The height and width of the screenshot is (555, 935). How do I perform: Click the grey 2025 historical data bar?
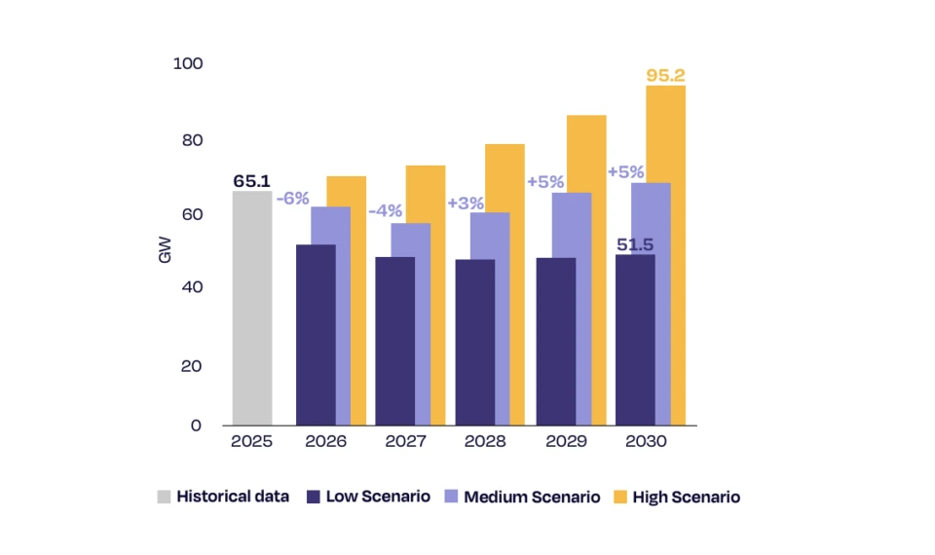[x=251, y=308]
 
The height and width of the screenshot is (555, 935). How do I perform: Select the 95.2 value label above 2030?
[x=665, y=75]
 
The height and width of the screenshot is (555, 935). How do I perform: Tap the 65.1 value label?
[x=252, y=180]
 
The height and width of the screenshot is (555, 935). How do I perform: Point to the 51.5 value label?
[x=636, y=243]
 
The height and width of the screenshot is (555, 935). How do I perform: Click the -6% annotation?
[x=292, y=198]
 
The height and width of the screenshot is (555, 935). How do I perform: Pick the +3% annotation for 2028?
[x=466, y=203]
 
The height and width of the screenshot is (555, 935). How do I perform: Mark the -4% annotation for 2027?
[x=385, y=210]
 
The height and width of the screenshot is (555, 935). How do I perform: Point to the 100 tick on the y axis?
[x=187, y=64]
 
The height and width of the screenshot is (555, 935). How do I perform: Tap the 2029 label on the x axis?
[x=566, y=441]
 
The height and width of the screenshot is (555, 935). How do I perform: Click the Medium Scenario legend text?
[x=531, y=497]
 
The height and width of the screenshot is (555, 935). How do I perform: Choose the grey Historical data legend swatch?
[x=164, y=497]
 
